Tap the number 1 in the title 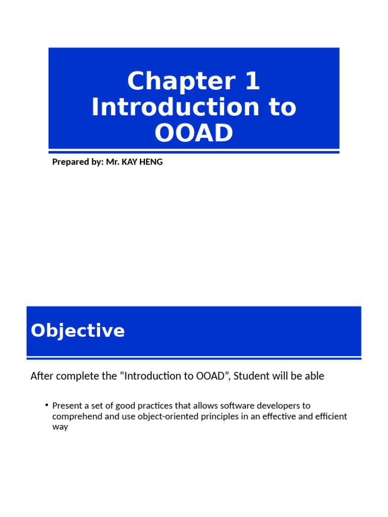252,81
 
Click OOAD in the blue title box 194,133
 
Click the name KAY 130,162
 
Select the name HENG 152,162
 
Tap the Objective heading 78,331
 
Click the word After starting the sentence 41,376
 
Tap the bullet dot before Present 46,405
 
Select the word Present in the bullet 67,406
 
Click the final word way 60,427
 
